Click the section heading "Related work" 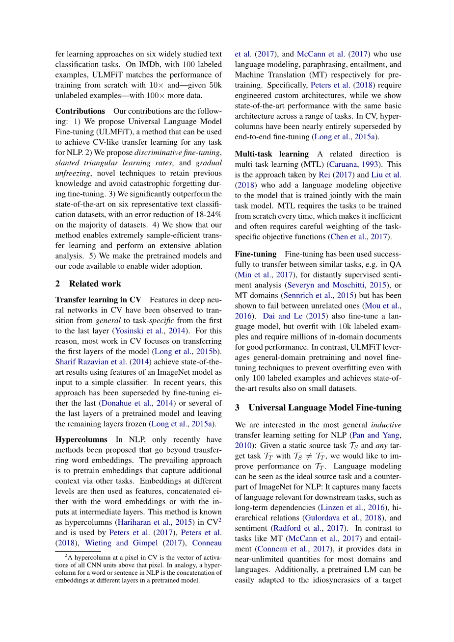pos(95,284)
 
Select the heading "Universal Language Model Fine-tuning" pos(325,408)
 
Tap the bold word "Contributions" pos(80,111)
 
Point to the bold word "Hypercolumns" pos(81,439)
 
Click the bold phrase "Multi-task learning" pos(272,154)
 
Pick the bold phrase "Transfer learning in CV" pos(98,300)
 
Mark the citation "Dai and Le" pos(283,316)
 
